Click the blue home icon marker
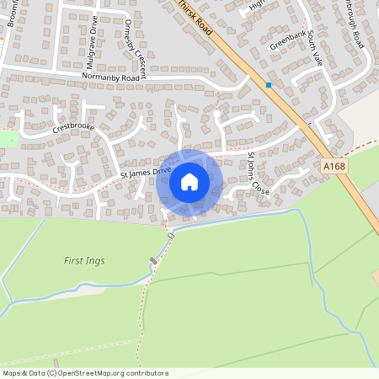[189, 182]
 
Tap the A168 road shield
[334, 168]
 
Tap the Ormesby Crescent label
[135, 46]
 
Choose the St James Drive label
[145, 173]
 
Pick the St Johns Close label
[259, 173]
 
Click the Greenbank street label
[286, 40]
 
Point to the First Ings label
[84, 261]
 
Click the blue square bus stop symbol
[269, 84]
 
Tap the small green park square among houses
[8, 139]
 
